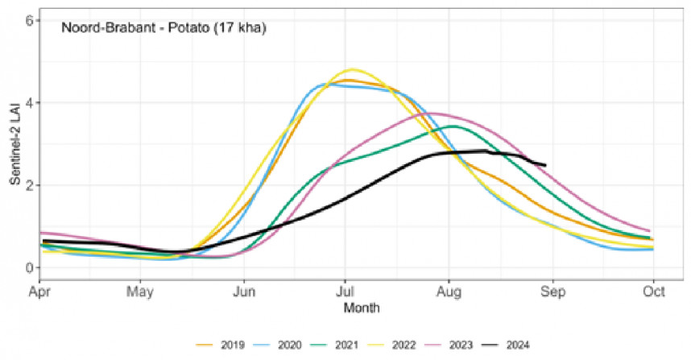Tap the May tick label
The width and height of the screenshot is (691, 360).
coord(140,292)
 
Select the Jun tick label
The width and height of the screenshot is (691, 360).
coord(243,292)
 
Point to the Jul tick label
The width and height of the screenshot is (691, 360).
coord(345,292)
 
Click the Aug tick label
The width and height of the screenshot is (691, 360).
coord(449,292)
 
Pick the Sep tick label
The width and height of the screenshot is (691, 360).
coord(552,292)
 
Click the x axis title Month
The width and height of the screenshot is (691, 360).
coord(361,308)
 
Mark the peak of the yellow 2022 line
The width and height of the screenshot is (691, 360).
coord(353,69)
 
